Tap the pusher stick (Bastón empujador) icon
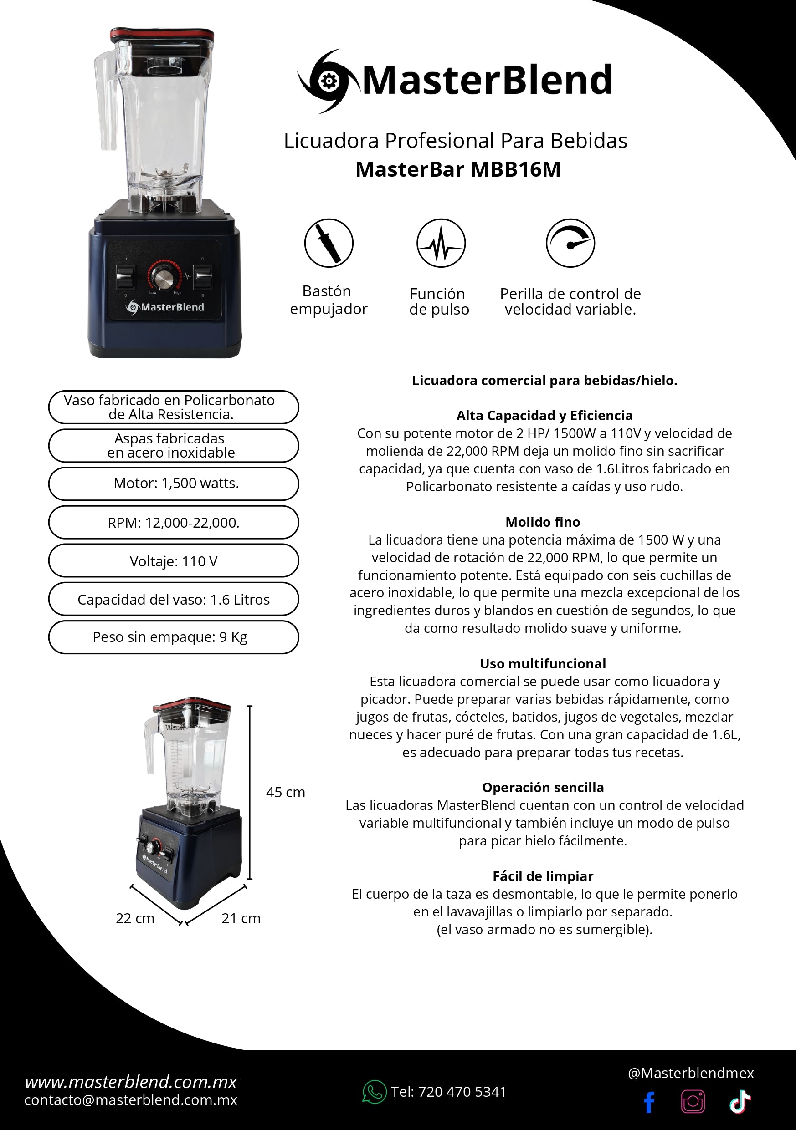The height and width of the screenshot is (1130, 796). [x=329, y=243]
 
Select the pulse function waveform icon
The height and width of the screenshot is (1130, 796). [x=441, y=243]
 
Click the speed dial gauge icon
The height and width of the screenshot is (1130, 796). [x=570, y=243]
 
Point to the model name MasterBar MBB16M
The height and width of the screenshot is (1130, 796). [x=458, y=169]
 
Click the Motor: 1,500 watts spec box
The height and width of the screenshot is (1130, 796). [x=174, y=484]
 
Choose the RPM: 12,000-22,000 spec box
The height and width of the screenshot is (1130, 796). [x=174, y=522]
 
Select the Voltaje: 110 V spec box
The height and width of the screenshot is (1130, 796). [x=174, y=560]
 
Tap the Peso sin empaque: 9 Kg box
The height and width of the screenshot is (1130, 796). [x=174, y=637]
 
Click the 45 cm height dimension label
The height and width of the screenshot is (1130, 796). [x=286, y=792]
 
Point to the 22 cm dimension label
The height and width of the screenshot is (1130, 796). [x=135, y=918]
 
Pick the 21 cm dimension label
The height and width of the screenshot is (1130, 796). [x=241, y=918]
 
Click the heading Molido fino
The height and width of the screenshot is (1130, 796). [x=543, y=522]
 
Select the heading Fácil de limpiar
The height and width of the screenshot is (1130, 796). [x=543, y=876]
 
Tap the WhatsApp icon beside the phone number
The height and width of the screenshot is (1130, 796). [x=375, y=1092]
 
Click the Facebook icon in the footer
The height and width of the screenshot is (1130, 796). [x=650, y=1102]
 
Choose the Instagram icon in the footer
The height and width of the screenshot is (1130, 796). [x=693, y=1102]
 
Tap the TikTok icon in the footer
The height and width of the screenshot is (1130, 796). [x=740, y=1102]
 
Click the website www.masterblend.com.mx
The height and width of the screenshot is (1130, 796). [x=131, y=1082]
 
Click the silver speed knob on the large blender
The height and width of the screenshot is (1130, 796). [x=163, y=278]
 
